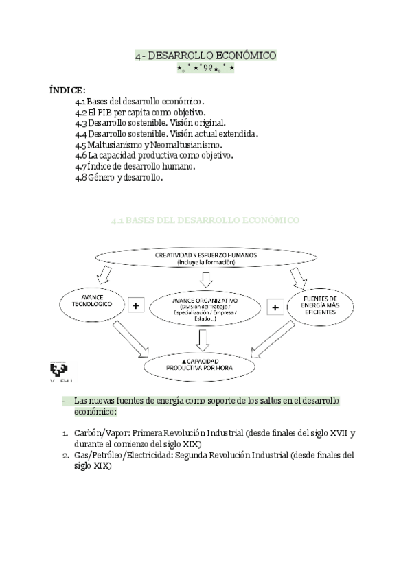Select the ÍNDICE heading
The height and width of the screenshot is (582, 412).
(x=67, y=90)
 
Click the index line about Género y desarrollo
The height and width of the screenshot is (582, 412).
(x=119, y=177)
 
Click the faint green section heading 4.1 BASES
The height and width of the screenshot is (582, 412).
(x=205, y=220)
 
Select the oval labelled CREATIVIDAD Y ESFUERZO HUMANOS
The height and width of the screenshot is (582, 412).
(x=205, y=259)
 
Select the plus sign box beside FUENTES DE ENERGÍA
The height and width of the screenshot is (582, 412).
(x=275, y=307)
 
